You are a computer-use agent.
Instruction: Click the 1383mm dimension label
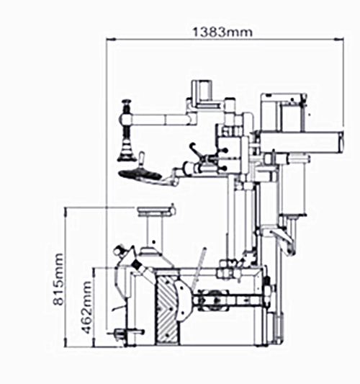coord(222,32)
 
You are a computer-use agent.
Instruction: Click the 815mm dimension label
coord(58,280)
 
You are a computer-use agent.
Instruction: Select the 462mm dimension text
coord(86,307)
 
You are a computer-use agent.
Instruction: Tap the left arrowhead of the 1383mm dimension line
coord(111,39)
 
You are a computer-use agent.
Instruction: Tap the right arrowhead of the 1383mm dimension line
coord(339,39)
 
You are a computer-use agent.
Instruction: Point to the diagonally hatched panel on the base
coord(167,308)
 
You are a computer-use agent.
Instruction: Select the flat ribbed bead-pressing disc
coord(140,175)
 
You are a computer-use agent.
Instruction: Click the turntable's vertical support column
coord(155,233)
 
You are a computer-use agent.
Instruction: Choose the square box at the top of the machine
coord(202,91)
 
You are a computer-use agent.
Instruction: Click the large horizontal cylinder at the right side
coord(302,142)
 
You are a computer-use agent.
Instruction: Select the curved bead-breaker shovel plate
coord(183,300)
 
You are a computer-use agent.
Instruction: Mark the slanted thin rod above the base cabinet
coord(199,269)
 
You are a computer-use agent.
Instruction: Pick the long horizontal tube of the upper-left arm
coord(159,120)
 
